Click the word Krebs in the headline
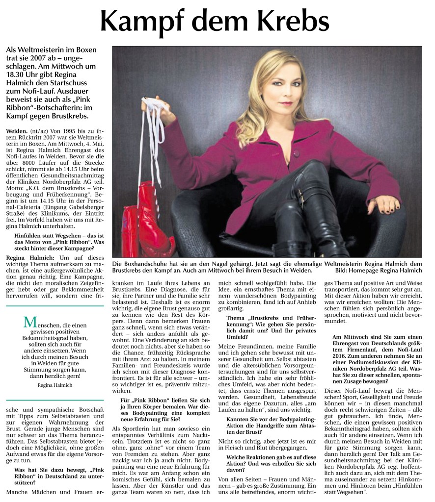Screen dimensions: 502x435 290,21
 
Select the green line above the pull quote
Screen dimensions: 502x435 54,306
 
